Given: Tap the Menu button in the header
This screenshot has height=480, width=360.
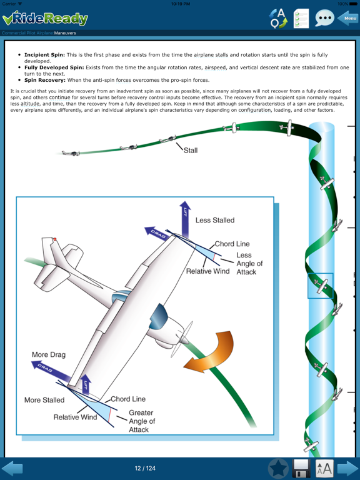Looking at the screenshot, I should click(348, 18).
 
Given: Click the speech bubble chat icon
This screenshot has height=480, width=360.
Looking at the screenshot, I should click(324, 18).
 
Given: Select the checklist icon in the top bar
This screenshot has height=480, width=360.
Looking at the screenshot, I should click(301, 18).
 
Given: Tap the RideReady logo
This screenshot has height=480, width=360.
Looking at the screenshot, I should click(45, 18).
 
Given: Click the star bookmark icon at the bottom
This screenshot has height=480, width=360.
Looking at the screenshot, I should click(278, 468).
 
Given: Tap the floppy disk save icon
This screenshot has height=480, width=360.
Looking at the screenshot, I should click(301, 468).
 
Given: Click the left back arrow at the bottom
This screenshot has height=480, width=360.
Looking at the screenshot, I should click(12, 468).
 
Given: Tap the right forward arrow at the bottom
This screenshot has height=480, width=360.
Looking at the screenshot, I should click(347, 468).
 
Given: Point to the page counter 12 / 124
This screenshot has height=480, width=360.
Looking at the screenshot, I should click(145, 468).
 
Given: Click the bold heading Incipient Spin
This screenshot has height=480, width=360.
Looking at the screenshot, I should click(44, 55).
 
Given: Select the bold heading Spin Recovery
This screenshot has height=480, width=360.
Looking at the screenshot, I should click(44, 80).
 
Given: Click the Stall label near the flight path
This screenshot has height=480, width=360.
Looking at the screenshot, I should click(190, 151).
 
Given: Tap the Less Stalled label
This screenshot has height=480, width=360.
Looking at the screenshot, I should click(215, 220).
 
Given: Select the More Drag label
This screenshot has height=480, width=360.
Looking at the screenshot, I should click(49, 355).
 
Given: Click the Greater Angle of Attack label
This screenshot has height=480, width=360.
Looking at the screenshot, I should click(141, 421).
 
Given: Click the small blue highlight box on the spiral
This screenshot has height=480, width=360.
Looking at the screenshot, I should click(320, 286).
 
